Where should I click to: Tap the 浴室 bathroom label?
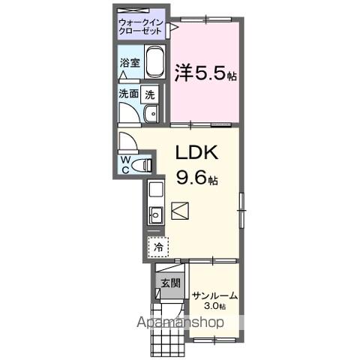pos(128,64)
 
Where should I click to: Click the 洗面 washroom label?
pos(128,94)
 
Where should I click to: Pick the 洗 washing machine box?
pos(151,95)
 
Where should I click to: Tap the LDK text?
pos(196,153)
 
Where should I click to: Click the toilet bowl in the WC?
pos(142,164)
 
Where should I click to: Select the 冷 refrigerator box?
pos(158,245)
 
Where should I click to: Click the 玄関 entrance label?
pos(169,283)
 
